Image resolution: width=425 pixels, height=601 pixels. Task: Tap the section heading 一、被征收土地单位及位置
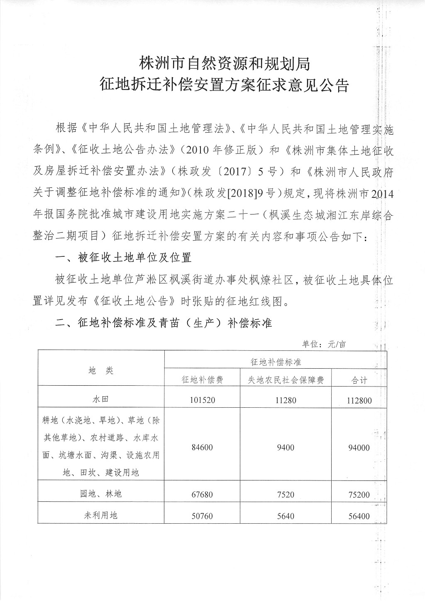[124, 257]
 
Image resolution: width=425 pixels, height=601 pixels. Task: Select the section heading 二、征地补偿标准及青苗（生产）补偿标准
[164, 323]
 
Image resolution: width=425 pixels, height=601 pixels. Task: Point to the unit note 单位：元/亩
[324, 344]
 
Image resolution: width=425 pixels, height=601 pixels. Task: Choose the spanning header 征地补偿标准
[276, 362]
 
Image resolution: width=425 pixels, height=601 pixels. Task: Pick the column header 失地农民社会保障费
[286, 380]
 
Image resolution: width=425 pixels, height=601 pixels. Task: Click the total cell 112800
[358, 401]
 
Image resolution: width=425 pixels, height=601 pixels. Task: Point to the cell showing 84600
[203, 447]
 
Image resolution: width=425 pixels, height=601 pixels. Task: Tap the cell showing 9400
[286, 447]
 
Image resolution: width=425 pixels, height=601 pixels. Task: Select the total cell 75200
[358, 494]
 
